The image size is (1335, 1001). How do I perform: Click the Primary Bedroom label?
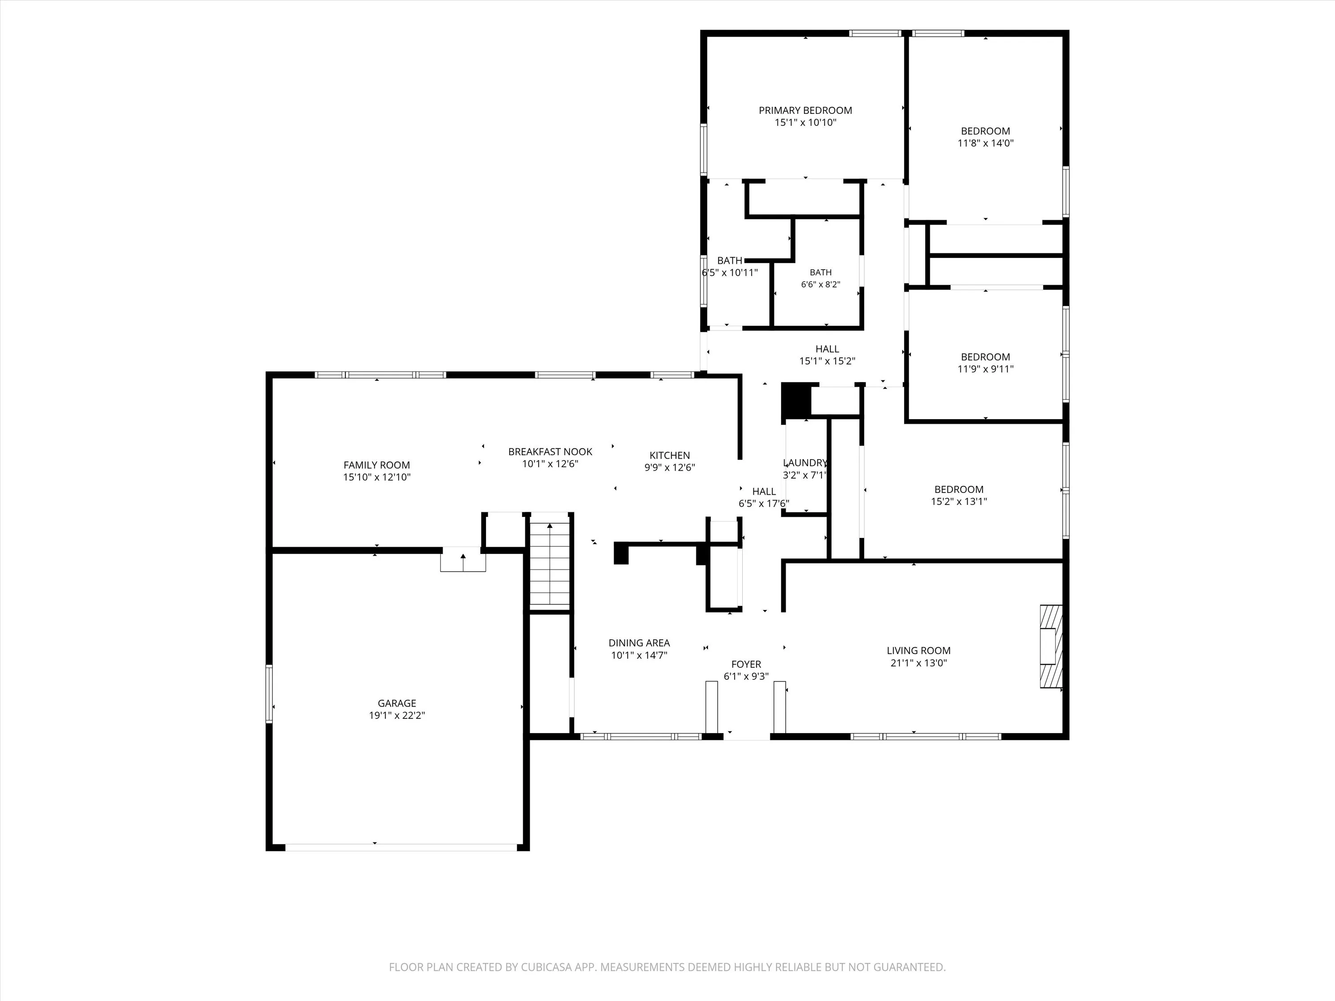tap(805, 110)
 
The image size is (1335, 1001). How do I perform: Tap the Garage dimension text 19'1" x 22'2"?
tap(397, 715)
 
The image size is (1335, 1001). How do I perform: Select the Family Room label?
tap(376, 465)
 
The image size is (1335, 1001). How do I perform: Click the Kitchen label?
tap(670, 456)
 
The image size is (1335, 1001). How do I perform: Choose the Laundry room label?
tap(805, 463)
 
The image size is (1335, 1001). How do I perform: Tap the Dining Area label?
tap(639, 643)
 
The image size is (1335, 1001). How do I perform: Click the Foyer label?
tap(747, 664)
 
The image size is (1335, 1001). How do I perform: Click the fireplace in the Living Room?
tap(1051, 646)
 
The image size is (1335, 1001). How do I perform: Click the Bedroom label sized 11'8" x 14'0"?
tap(986, 131)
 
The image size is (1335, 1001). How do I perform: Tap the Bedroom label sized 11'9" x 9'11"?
tap(986, 357)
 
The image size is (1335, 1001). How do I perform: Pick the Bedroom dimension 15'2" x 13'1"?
tap(959, 501)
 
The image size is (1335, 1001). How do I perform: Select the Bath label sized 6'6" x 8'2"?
tap(821, 273)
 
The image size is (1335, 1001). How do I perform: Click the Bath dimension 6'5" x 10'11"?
tap(730, 273)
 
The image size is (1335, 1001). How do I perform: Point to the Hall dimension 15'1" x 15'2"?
tap(827, 361)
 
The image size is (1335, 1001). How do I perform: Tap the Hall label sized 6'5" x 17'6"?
tap(764, 492)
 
